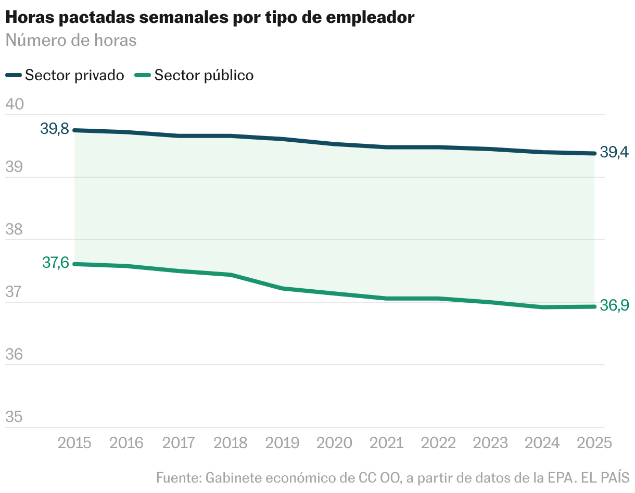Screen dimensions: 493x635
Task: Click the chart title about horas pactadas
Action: [210, 17]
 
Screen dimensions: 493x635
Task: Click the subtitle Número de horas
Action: [71, 40]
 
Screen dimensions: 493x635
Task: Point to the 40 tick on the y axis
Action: [15, 104]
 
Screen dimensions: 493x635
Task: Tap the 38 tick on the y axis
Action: [15, 229]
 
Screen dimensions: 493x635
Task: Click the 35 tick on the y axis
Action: [15, 417]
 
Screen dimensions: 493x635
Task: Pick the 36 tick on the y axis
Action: [15, 354]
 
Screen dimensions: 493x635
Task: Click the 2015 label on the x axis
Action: [74, 443]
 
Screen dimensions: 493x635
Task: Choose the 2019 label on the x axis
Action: [283, 443]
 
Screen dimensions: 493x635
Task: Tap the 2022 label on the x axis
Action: [438, 443]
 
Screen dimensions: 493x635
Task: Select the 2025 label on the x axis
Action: [594, 443]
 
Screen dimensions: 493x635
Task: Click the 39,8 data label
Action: [55, 129]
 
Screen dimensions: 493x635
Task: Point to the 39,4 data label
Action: [614, 153]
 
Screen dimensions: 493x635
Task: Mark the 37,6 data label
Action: [55, 263]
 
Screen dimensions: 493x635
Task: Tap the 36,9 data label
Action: [614, 306]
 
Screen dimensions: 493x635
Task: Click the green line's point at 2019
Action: [283, 288]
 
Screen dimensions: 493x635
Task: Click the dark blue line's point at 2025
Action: [594, 153]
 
